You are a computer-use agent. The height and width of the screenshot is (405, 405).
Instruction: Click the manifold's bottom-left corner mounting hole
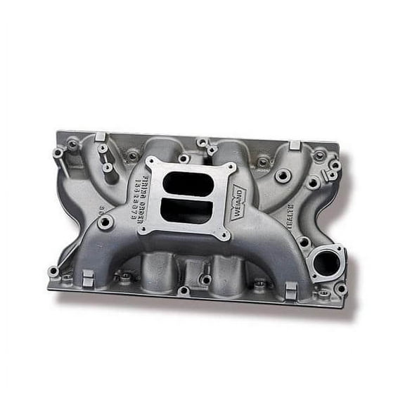(x=53, y=271)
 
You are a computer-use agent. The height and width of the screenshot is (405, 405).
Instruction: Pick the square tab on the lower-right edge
(x=291, y=289)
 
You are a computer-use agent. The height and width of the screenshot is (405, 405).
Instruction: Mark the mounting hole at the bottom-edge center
(x=184, y=290)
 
